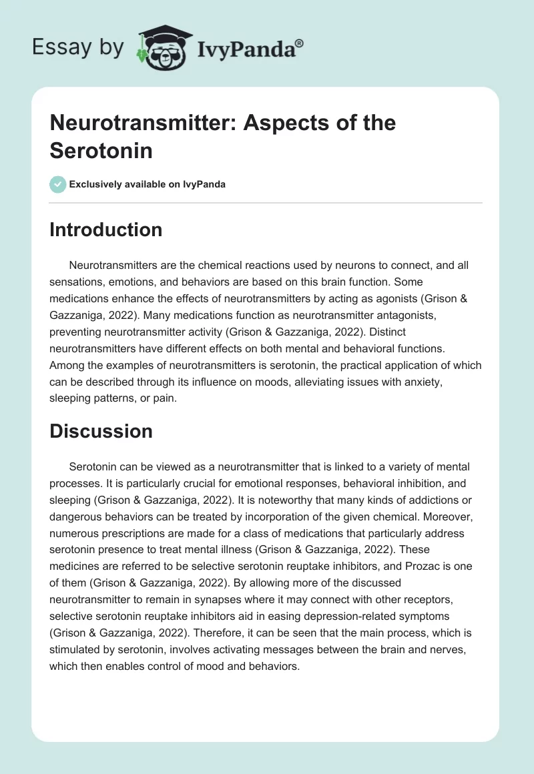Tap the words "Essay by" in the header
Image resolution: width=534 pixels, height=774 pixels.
click(77, 47)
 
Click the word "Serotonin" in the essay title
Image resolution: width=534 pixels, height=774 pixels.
click(101, 151)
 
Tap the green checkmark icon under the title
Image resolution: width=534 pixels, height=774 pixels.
click(57, 184)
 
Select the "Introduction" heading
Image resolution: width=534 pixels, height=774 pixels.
click(106, 230)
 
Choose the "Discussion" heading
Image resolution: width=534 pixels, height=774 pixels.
click(101, 430)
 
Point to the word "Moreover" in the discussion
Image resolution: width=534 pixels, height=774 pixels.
click(453, 514)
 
